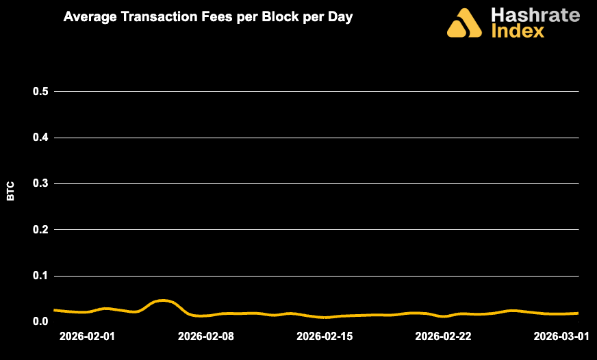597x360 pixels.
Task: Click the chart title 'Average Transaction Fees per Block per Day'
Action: [x=207, y=17]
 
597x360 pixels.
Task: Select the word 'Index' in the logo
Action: [x=518, y=31]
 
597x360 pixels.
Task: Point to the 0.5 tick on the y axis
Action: [x=41, y=92]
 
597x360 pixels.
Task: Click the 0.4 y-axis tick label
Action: [x=41, y=138]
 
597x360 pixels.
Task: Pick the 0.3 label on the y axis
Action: [x=41, y=183]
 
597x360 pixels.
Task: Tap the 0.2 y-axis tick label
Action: [x=41, y=229]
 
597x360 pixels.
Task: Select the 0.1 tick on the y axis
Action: [x=41, y=276]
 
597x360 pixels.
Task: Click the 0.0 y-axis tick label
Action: [x=41, y=322]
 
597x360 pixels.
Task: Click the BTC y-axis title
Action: [x=11, y=191]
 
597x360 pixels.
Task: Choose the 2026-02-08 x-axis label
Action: [x=206, y=337]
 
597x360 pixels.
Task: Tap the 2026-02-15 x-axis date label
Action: [x=325, y=337]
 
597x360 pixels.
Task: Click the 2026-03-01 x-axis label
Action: [x=561, y=337]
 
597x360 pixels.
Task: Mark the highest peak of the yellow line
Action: [x=162, y=300]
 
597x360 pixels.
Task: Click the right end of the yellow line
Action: [x=578, y=313]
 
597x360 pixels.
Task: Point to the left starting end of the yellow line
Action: [x=54, y=310]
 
